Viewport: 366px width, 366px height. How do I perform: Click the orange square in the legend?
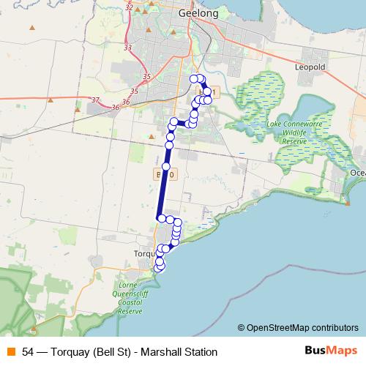point(11,351)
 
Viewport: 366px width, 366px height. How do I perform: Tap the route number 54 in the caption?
point(29,351)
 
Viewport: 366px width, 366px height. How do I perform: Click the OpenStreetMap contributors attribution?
point(302,327)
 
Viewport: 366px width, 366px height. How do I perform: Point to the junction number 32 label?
point(129,7)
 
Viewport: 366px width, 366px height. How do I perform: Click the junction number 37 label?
point(95,100)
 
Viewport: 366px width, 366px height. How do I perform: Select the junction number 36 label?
point(116,108)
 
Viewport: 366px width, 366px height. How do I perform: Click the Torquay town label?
point(143,253)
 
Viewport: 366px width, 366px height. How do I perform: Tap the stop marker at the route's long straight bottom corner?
point(160,218)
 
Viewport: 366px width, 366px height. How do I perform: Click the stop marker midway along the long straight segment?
point(166,167)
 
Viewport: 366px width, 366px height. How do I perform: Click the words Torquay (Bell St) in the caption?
point(93,351)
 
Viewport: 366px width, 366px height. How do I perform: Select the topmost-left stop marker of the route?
point(194,78)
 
